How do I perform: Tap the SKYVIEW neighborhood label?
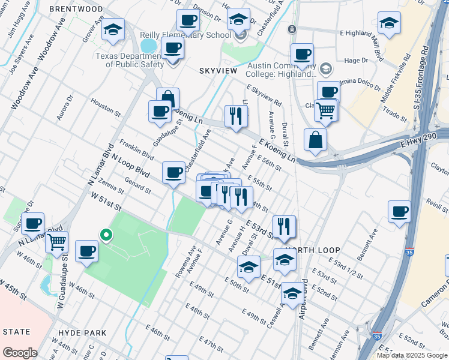219,71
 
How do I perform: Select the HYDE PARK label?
82,332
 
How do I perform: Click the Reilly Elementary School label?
185,35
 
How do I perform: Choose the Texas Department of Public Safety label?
129,60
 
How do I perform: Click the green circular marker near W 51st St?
106,235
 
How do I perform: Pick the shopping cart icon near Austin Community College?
326,110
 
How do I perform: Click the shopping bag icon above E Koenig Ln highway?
315,140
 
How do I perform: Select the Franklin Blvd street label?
133,148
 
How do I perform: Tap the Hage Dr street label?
356,61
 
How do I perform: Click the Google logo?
20,353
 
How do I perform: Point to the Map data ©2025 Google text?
412,355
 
